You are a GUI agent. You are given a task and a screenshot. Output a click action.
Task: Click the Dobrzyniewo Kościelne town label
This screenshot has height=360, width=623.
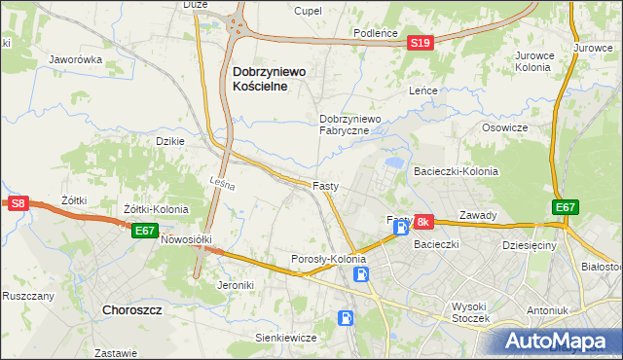[x=269, y=79]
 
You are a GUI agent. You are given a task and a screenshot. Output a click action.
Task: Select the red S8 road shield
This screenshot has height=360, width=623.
[x=18, y=202]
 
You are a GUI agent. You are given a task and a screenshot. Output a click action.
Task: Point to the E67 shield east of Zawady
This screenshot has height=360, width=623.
[x=566, y=208]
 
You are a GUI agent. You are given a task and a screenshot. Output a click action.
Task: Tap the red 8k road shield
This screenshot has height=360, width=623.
[x=422, y=223]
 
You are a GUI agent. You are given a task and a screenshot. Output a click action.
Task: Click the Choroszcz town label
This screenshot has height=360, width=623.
[x=134, y=310]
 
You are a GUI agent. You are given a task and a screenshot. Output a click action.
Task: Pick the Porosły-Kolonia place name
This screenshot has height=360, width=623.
[x=329, y=260]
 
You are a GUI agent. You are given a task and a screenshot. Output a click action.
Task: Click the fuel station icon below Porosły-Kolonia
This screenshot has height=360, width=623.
[x=362, y=274]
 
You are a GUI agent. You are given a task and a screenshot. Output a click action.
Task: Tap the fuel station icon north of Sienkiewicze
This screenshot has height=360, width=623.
[x=345, y=317]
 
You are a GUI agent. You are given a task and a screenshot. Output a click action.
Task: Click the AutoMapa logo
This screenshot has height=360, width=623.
[x=559, y=340]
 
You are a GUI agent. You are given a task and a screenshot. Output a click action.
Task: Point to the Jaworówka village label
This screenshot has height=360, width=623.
[x=77, y=59]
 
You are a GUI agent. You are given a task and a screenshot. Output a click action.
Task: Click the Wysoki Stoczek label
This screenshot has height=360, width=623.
[x=476, y=312]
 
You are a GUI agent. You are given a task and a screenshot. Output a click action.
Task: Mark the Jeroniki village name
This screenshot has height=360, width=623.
[x=238, y=285]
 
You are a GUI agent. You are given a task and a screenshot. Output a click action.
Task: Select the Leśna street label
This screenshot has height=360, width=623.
[x=221, y=182]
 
